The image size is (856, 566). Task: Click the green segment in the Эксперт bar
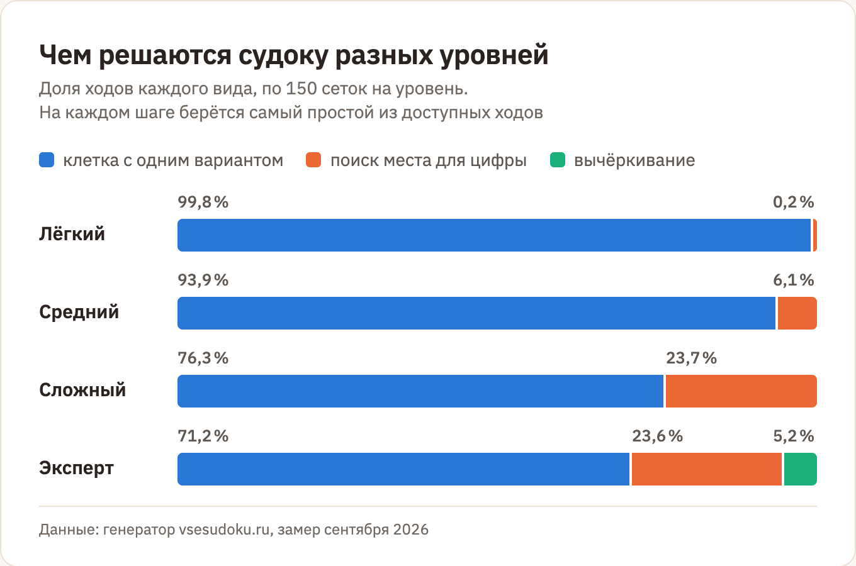pos(800,469)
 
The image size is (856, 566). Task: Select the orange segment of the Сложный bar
pos(741,391)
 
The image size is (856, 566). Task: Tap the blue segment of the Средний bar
pos(476,313)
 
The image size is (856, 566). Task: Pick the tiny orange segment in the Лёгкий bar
pos(815,235)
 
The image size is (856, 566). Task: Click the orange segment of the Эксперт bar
pos(707,469)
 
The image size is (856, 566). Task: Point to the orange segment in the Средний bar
pos(797,313)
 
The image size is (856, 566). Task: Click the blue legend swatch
pos(47,160)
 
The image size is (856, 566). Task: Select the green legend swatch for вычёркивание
pos(558,160)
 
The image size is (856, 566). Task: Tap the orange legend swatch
pos(313,160)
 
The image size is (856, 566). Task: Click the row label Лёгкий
pos(72,234)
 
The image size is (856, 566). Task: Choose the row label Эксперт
pos(76,469)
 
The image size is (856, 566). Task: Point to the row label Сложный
pos(82,390)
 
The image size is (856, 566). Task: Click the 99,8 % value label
pos(203,202)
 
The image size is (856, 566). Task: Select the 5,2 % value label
pos(794,436)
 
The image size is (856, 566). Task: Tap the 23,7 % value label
pos(691,358)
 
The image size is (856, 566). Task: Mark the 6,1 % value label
pos(794,280)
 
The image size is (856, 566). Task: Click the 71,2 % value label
pos(203,436)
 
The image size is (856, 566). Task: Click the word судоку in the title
pos(283,56)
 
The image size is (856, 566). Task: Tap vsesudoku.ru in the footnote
pos(224,530)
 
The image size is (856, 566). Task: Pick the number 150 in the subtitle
pos(301,89)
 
